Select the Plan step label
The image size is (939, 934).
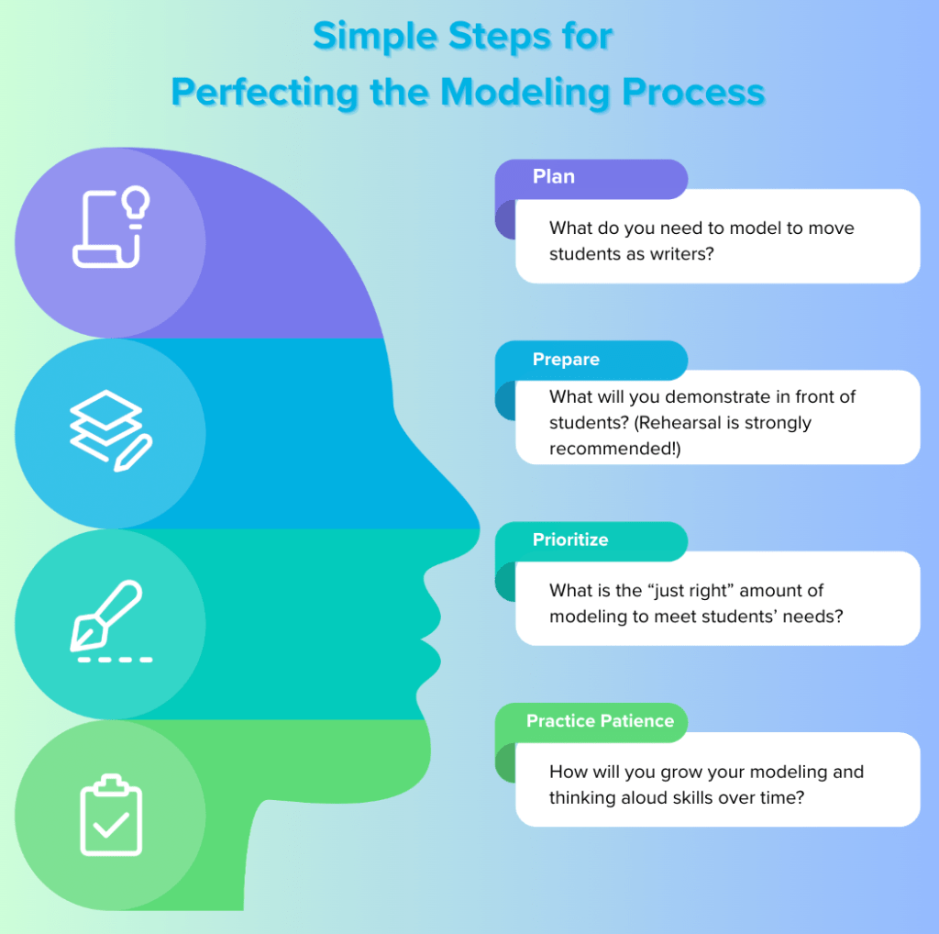click(554, 177)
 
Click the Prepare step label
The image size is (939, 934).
click(566, 360)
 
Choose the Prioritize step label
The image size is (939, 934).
click(570, 540)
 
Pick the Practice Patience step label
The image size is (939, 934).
click(600, 721)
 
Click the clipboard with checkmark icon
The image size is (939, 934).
click(111, 816)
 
